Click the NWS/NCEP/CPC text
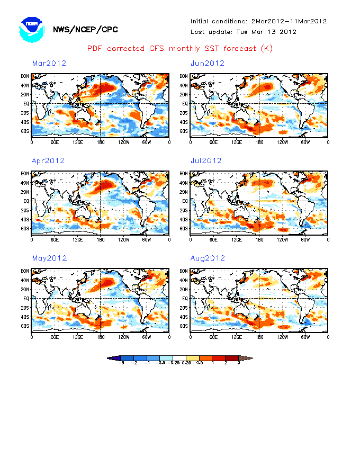coord(85,30)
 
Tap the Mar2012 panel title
coord(49,63)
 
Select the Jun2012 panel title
coord(208,63)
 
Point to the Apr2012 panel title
coord(48,160)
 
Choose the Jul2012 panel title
coord(206,160)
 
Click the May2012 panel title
coord(49,258)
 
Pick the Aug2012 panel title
coord(208,258)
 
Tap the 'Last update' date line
coord(243,32)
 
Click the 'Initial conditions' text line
coord(258,21)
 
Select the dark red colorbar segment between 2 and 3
coord(232,359)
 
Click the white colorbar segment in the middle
coord(180,359)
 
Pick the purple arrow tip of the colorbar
coord(111,359)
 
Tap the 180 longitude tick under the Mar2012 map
coord(100,142)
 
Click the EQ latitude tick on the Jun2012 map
coord(185,103)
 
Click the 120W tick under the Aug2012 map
coord(282,337)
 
